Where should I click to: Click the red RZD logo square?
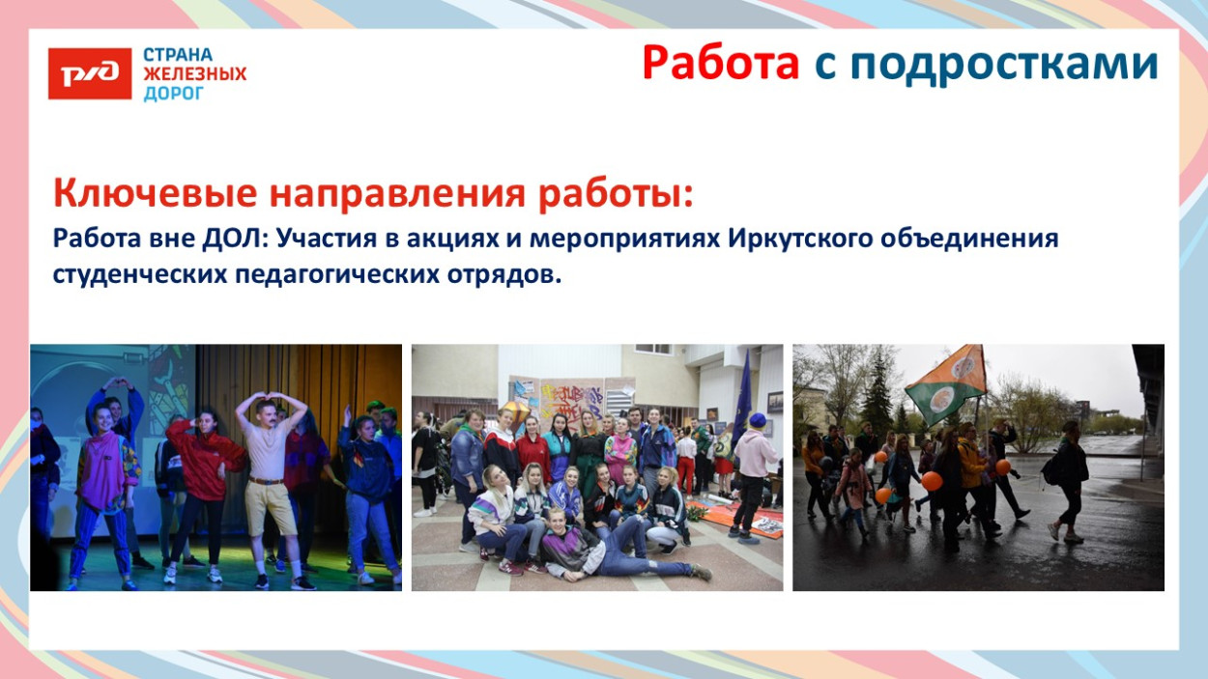90,73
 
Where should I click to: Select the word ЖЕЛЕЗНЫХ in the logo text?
194,74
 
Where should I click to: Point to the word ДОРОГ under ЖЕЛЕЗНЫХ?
174,94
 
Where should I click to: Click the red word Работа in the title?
721,64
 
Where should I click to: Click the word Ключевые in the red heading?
155,193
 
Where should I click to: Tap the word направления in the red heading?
396,193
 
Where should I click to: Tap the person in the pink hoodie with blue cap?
753,473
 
